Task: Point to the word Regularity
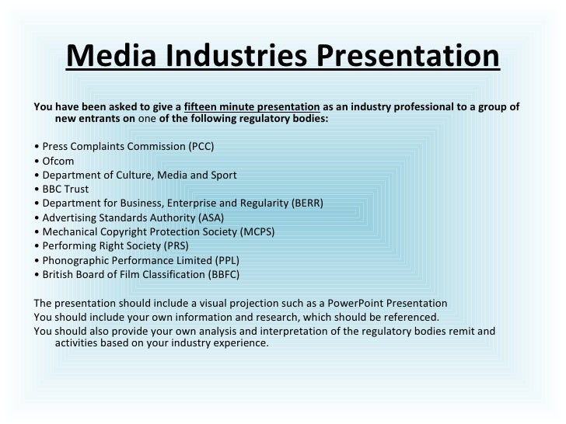[x=260, y=203]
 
